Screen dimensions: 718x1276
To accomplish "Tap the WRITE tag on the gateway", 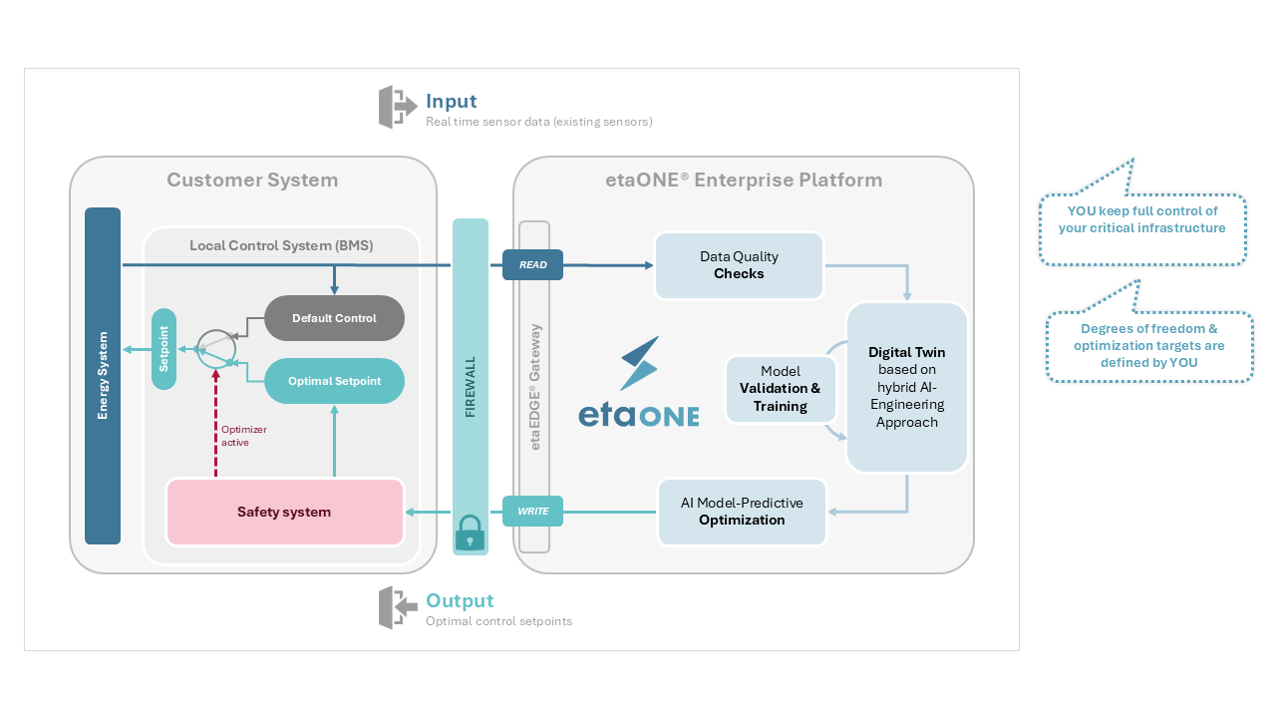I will click(532, 512).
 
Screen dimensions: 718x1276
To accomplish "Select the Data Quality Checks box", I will click(739, 265).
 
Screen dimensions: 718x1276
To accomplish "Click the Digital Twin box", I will click(906, 387).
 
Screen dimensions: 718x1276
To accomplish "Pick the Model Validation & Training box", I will click(780, 389).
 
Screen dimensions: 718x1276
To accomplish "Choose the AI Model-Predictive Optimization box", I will click(742, 512).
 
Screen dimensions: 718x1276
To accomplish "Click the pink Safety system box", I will click(284, 512).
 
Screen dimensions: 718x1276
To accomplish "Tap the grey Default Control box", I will click(334, 318).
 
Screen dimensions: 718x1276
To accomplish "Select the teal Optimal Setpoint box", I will click(334, 381).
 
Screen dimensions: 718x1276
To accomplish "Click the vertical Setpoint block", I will click(163, 349).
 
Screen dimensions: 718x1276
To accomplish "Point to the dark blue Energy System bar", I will click(103, 376).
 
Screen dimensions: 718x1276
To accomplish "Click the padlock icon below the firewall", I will click(470, 535).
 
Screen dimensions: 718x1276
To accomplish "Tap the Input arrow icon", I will click(398, 107).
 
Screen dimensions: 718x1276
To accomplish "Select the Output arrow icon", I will click(398, 607).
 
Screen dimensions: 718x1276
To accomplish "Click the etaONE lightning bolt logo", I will click(638, 363).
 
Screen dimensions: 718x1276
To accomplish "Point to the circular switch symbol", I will click(215, 347).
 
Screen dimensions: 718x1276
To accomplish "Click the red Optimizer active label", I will click(243, 436).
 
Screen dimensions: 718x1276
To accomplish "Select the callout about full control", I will click(1142, 219).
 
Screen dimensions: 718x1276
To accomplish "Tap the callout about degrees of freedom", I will click(1148, 345).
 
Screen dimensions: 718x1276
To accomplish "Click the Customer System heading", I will click(252, 180).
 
